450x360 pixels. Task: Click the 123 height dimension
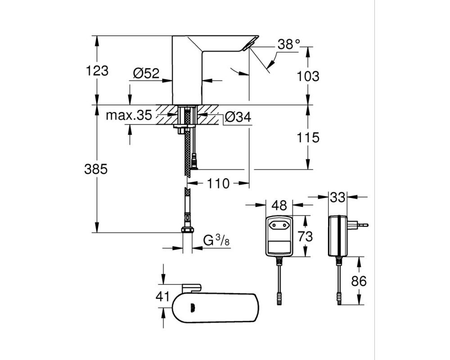click(x=97, y=71)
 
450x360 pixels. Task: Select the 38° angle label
click(x=289, y=44)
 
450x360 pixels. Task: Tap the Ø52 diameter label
click(x=146, y=73)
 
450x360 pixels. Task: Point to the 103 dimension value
click(x=308, y=76)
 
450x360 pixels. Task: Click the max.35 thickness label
click(x=129, y=115)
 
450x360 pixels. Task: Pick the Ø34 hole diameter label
click(x=238, y=117)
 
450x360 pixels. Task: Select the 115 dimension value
click(x=308, y=138)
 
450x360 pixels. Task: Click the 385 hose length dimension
click(x=96, y=169)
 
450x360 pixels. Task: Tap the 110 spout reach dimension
click(x=218, y=183)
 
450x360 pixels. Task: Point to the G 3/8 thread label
click(x=216, y=241)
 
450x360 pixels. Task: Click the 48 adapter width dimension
click(x=279, y=205)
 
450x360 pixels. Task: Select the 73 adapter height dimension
click(x=305, y=237)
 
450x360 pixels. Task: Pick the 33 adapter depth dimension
click(x=337, y=197)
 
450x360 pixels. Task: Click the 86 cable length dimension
click(x=359, y=281)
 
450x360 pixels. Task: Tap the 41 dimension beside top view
click(x=163, y=296)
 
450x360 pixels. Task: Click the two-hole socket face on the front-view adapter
click(x=279, y=224)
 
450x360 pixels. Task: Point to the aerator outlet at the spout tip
click(x=247, y=46)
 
